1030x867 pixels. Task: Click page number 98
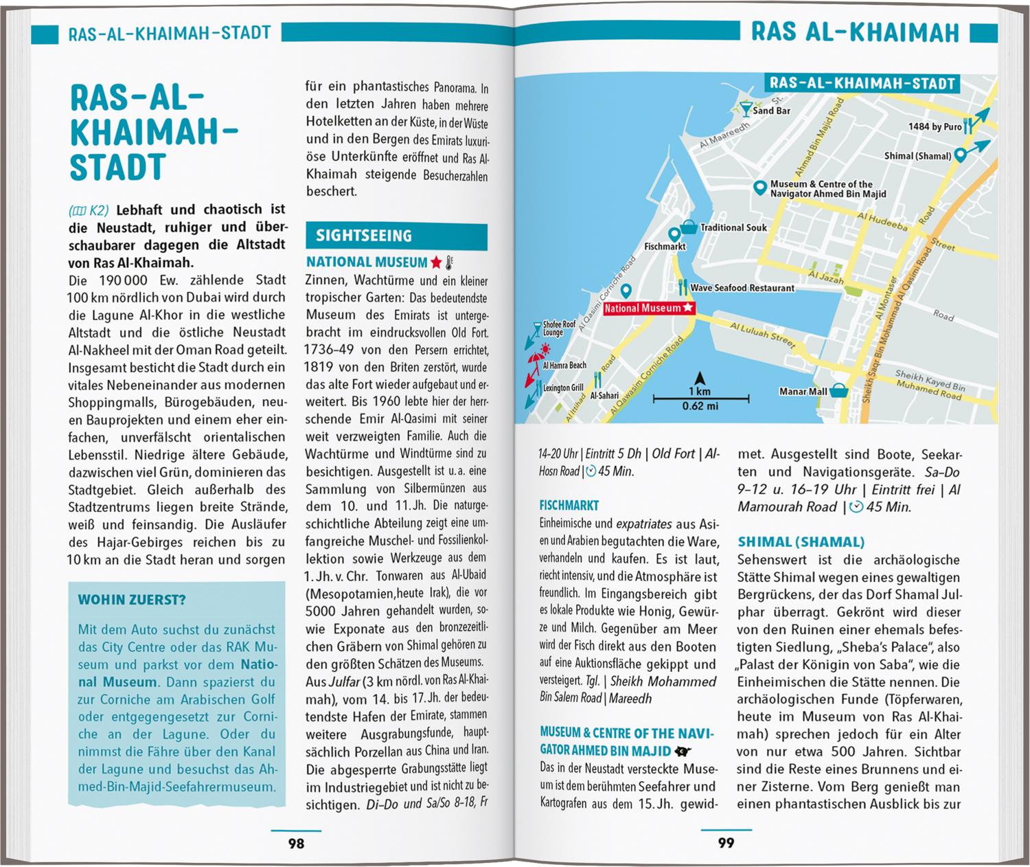(x=296, y=843)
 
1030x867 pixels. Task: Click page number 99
(x=726, y=843)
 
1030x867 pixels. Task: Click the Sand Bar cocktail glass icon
(x=745, y=108)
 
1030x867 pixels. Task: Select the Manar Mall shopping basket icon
(x=839, y=391)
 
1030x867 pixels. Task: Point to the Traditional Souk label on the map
(x=733, y=227)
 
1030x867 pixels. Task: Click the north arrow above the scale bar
(x=700, y=378)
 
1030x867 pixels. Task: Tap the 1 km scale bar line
(x=700, y=398)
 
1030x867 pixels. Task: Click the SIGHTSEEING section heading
(x=364, y=236)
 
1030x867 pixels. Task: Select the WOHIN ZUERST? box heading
(x=132, y=600)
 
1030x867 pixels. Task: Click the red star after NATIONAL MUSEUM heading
(x=436, y=262)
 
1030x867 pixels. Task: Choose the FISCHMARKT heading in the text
(x=569, y=505)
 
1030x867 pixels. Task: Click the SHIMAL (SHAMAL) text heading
(x=801, y=541)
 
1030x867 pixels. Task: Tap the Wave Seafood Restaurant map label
(x=742, y=288)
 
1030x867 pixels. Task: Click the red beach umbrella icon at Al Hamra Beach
(x=536, y=359)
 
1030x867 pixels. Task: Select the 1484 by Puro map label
(x=935, y=126)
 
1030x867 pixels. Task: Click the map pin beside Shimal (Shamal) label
(x=961, y=156)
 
